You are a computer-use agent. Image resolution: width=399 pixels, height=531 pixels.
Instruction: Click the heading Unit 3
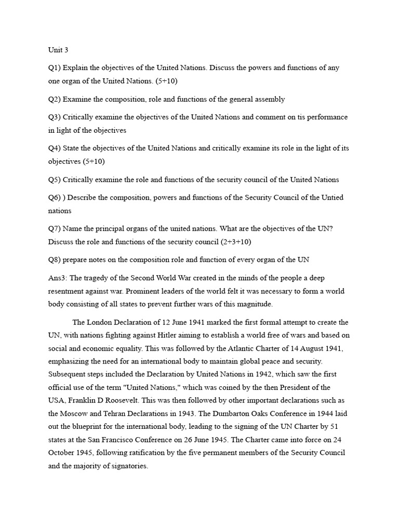click(58, 50)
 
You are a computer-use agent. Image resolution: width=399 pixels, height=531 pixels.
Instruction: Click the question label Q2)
click(55, 99)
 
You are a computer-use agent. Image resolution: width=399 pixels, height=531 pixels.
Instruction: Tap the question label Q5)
click(55, 179)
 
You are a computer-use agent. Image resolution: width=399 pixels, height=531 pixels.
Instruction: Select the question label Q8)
click(55, 260)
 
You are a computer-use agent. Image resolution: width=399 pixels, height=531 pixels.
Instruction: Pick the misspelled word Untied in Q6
click(332, 198)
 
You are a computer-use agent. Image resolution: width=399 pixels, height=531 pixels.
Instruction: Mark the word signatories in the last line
click(129, 466)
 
